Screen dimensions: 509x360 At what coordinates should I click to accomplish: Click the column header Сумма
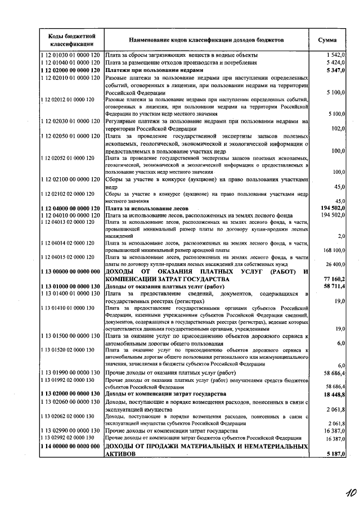coord(327,40)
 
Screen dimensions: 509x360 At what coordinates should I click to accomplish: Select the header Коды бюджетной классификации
coord(71,40)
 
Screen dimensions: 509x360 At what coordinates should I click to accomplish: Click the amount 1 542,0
coord(335,55)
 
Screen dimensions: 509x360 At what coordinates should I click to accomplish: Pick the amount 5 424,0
coord(335,63)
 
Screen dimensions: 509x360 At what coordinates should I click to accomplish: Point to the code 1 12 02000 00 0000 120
coord(71,70)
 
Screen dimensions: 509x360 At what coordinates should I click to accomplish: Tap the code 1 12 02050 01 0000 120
coord(71,136)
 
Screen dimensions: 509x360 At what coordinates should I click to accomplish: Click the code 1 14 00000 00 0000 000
coord(71,445)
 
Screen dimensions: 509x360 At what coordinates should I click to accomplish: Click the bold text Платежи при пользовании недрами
coord(154,70)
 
